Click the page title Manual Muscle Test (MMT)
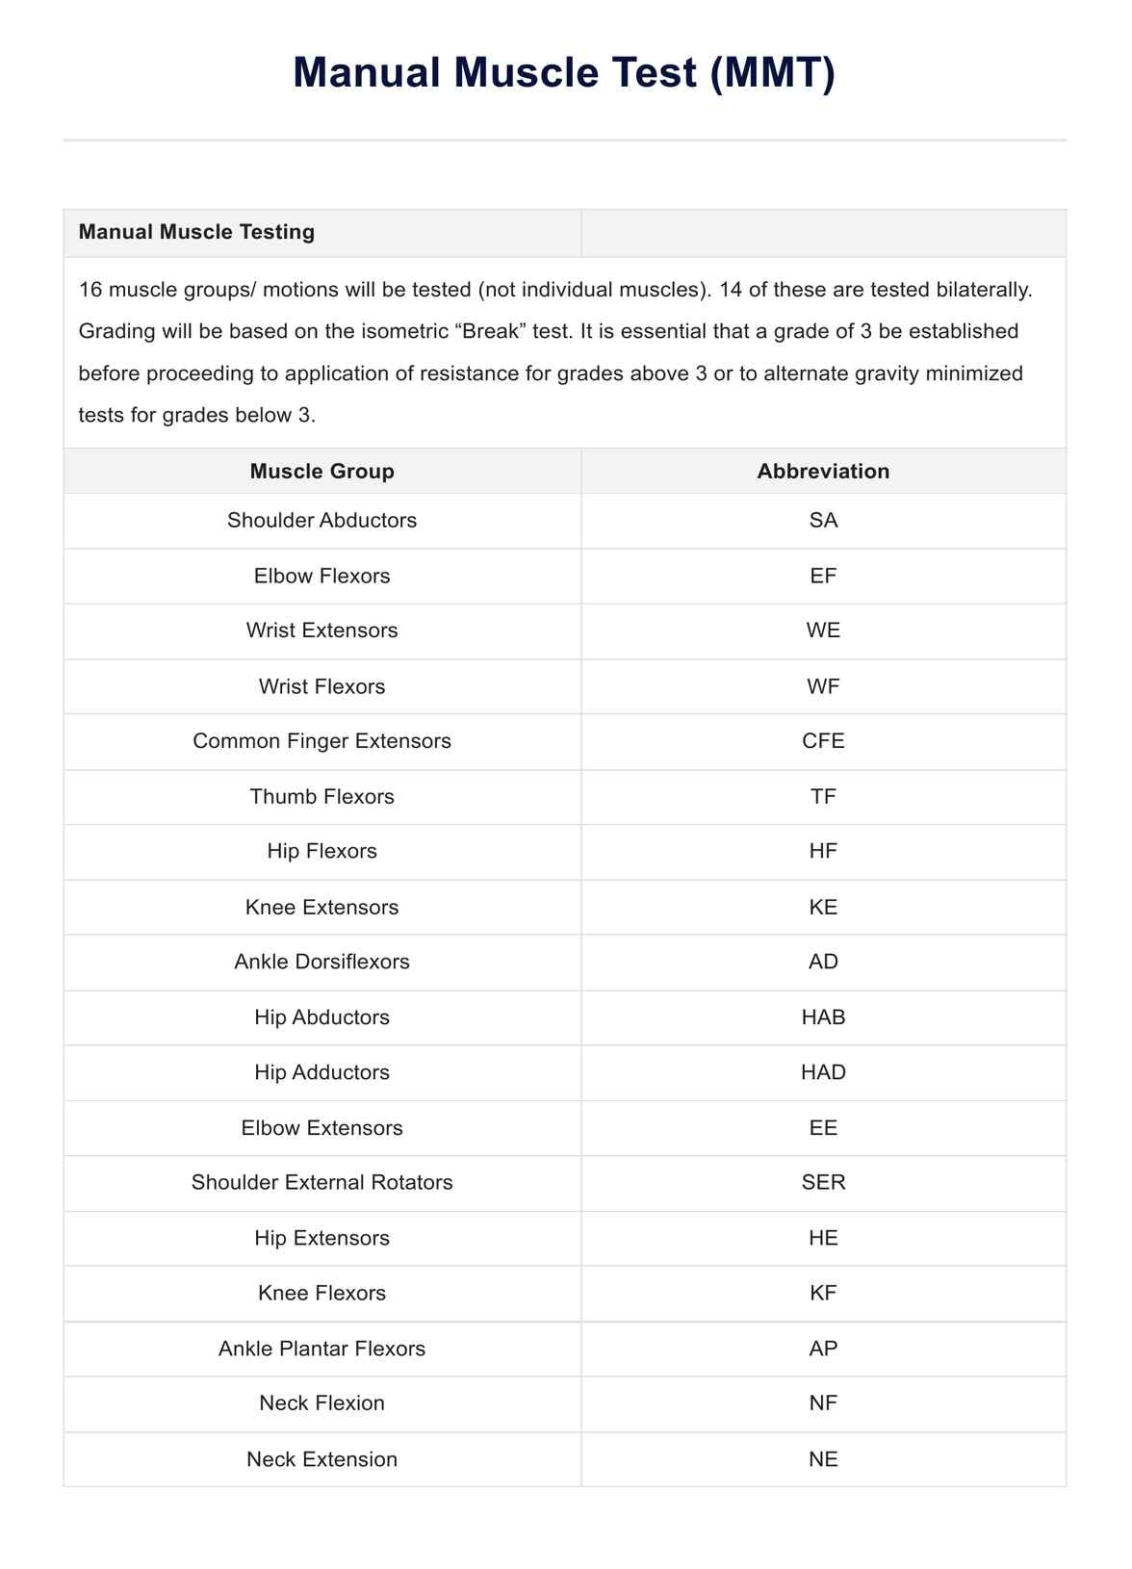coord(564,74)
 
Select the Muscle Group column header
coord(322,472)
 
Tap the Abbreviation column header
coord(823,472)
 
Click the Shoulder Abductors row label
coord(322,521)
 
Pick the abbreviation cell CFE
coord(823,741)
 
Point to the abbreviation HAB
coord(823,1017)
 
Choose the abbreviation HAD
coord(823,1072)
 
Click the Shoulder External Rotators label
coord(322,1183)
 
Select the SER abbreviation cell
coord(823,1183)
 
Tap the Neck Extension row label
coord(322,1459)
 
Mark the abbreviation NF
coord(823,1403)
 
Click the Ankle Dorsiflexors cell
coord(322,962)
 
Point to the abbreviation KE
coord(823,907)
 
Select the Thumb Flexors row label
coord(322,797)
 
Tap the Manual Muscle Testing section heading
coord(196,232)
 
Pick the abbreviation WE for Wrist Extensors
coord(823,630)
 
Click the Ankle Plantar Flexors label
coord(322,1349)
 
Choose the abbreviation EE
coord(823,1128)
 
